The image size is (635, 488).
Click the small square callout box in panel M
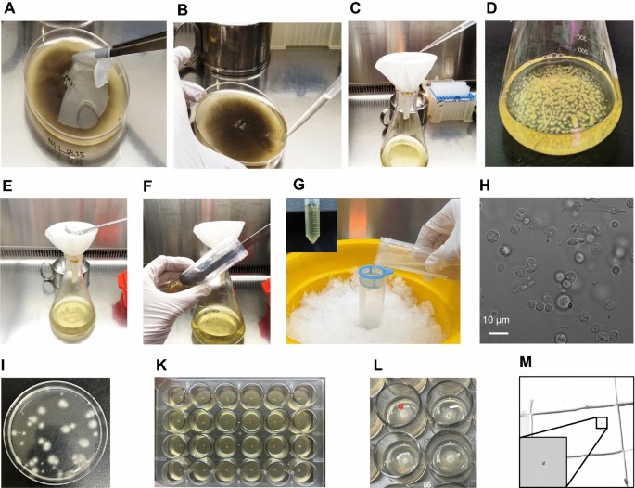[x=601, y=423]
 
